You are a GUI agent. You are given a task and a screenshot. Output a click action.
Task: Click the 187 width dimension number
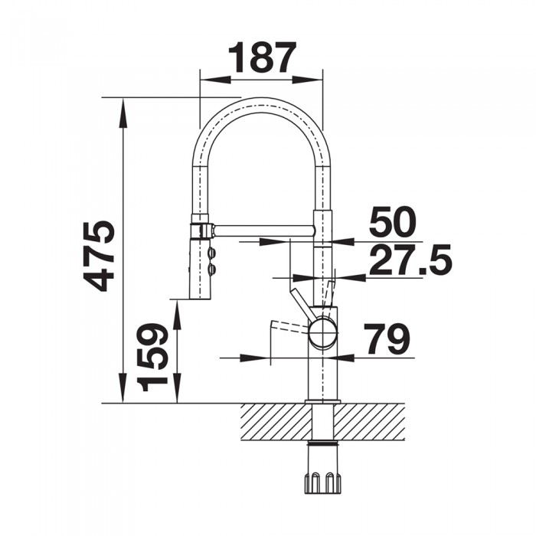(261, 58)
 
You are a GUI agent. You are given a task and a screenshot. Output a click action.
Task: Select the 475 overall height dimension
(100, 256)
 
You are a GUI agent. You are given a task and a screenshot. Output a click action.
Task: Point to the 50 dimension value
(392, 223)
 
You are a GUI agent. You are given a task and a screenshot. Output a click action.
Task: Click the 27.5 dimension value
(410, 260)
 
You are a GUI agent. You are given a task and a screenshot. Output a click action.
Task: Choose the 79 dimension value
(387, 339)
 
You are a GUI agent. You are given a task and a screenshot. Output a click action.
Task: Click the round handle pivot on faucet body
(322, 333)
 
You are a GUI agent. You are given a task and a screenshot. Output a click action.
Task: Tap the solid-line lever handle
(301, 306)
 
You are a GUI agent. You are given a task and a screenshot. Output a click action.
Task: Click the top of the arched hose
(261, 100)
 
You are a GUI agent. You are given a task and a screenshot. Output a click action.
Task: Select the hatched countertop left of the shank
(276, 422)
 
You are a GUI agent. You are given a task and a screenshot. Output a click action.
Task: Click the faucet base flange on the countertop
(322, 400)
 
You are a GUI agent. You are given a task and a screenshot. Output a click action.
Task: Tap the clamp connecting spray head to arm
(201, 230)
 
